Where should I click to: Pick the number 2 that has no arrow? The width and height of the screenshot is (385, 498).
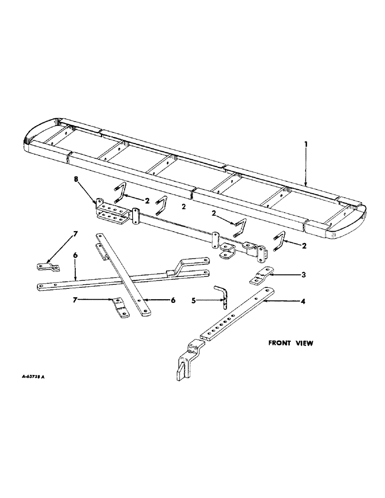pos(184,206)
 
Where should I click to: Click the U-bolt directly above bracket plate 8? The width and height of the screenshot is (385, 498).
pos(120,193)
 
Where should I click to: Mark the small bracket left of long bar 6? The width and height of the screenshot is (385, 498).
pos(46,267)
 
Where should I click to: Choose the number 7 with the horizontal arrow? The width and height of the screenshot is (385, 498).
pos(75,299)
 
